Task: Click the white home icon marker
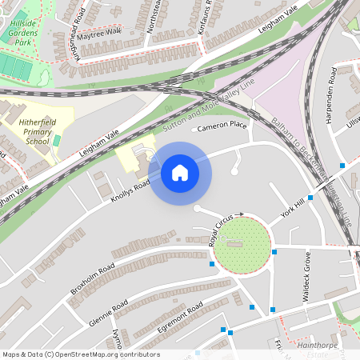180,173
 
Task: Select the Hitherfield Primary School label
38,128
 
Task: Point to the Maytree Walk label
99,32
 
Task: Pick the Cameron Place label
222,126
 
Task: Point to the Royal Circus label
222,229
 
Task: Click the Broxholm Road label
92,275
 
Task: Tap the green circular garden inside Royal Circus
242,244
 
